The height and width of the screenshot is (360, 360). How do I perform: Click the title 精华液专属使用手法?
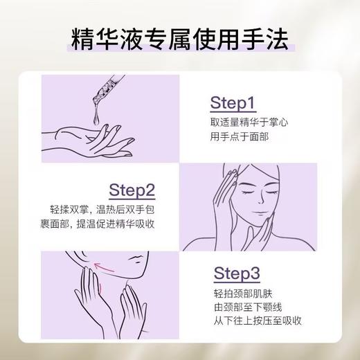tap(180, 37)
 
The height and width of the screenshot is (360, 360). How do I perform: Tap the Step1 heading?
tap(233, 104)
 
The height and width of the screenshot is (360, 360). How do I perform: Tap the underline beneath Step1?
tap(233, 112)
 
